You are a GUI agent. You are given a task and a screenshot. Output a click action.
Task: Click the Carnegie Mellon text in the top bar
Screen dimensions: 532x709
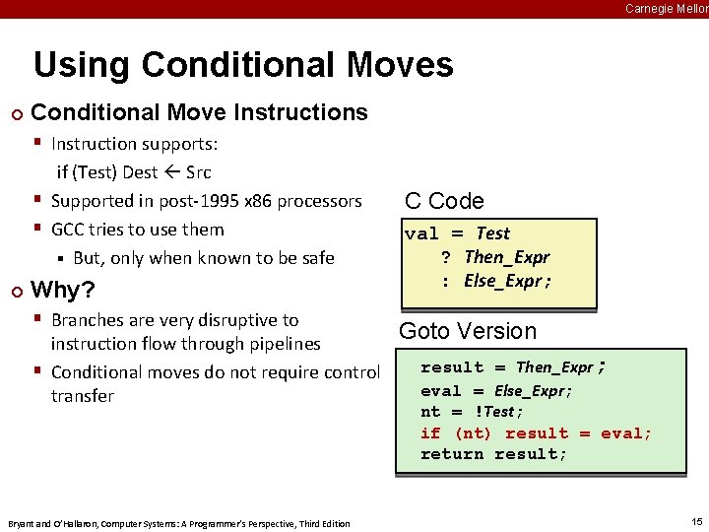(667, 8)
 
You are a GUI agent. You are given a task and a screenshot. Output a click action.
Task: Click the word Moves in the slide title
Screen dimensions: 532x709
(399, 65)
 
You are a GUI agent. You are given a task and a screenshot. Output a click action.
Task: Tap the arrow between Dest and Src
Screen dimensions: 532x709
(171, 172)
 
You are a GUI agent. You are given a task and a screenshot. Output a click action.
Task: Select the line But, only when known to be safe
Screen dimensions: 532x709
(203, 258)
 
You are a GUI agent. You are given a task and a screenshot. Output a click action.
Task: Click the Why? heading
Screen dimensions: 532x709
(63, 290)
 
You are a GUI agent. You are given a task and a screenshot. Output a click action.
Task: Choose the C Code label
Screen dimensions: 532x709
(444, 201)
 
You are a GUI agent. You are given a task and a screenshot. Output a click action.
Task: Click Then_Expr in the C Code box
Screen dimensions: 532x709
(506, 257)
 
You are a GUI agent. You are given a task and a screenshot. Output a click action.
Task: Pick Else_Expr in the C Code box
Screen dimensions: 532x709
(506, 281)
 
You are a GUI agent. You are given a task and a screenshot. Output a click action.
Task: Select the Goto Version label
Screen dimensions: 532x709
(467, 331)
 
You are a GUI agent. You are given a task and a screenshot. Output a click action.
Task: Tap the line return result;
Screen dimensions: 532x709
(493, 454)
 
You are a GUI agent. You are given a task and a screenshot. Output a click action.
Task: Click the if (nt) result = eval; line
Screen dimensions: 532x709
(536, 433)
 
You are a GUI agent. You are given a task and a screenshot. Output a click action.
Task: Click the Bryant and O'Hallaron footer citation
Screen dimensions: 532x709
(177, 523)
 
